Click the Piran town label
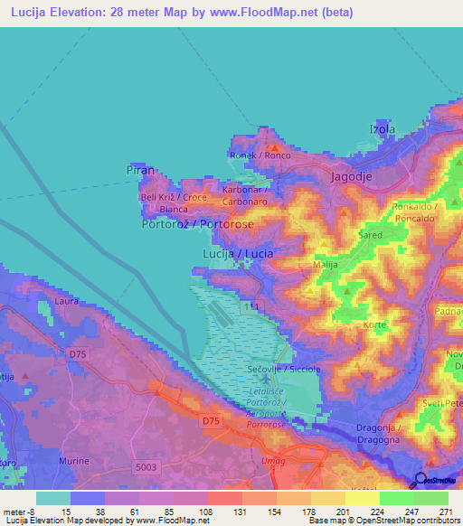click(141, 169)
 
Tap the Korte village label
click(374, 324)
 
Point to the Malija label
click(325, 265)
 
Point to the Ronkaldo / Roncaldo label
click(415, 212)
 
